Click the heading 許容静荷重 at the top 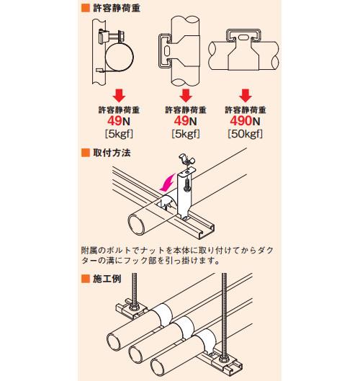point(117,8)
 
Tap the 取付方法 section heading point(112,153)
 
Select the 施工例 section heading point(107,279)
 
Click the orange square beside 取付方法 point(86,153)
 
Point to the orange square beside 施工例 point(86,279)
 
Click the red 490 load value point(240,121)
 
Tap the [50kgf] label point(245,134)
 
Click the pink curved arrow point(168,182)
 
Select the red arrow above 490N point(246,96)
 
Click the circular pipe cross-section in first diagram point(120,57)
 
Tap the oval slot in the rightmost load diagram point(243,38)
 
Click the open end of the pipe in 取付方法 point(137,225)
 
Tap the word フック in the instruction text point(136,261)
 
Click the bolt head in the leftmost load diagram point(121,37)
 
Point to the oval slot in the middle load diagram point(168,51)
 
